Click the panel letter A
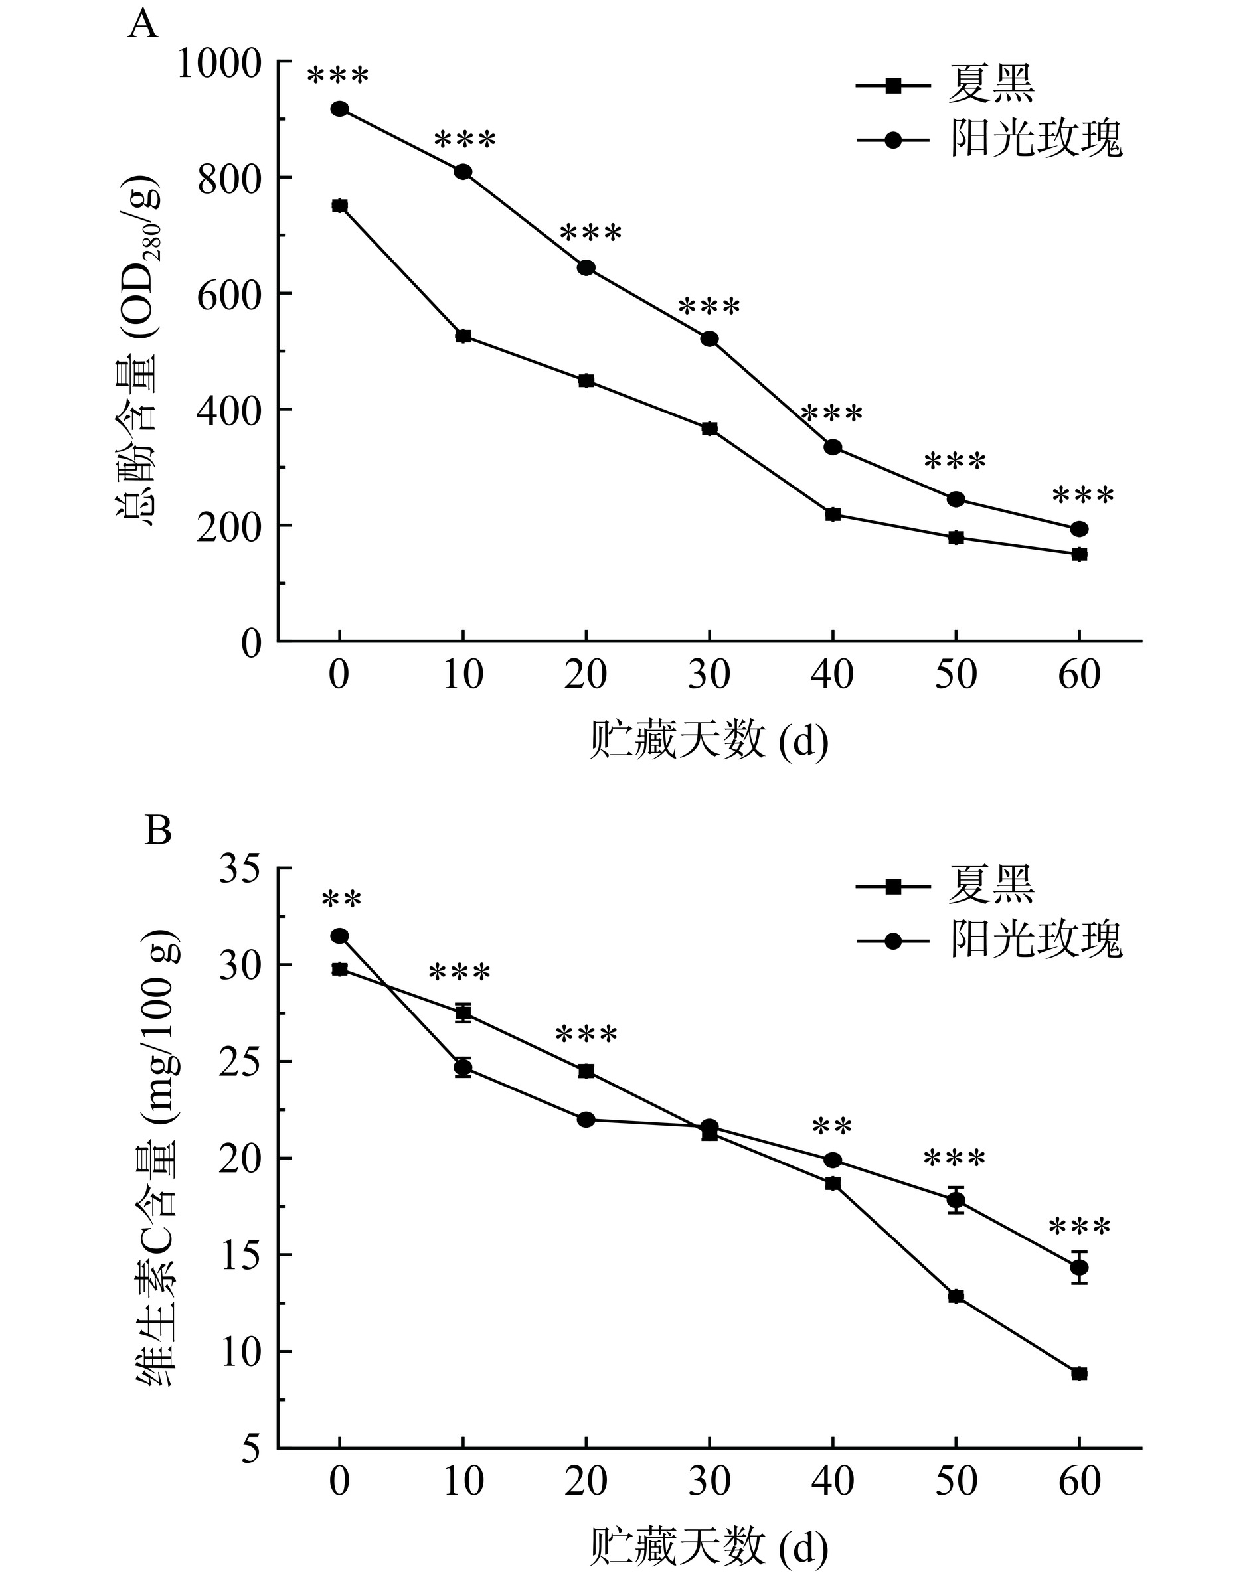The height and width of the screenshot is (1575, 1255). tap(143, 26)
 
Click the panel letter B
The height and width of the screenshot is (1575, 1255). tap(158, 830)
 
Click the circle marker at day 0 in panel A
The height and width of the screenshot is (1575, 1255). tap(339, 109)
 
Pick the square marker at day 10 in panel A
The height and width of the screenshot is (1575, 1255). tap(463, 336)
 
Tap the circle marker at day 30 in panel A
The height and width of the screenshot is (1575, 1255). tap(709, 339)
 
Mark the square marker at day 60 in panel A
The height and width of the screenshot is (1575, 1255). tap(1079, 554)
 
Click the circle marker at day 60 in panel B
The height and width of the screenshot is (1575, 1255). tap(1079, 1268)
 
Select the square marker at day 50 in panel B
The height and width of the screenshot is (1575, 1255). tap(956, 1297)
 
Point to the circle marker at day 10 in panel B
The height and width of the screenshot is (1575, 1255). tap(463, 1067)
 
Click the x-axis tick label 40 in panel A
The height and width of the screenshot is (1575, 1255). tap(833, 675)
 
